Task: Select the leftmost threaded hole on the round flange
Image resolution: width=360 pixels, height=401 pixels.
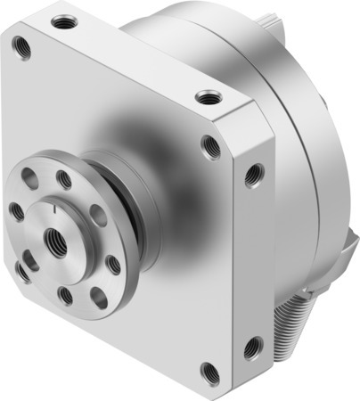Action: click(17, 212)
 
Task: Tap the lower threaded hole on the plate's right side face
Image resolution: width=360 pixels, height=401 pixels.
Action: click(252, 341)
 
